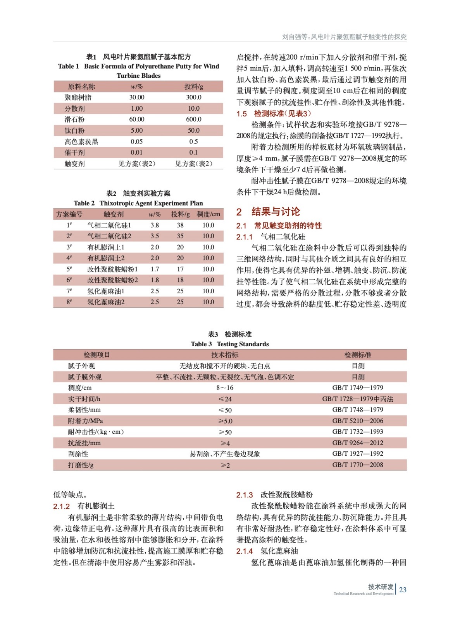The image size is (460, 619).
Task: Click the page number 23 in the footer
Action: pos(403,590)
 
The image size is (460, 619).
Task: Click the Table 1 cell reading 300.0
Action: pos(193,97)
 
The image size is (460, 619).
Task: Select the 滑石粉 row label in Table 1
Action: pos(74,120)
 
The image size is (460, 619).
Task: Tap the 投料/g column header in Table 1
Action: pos(193,87)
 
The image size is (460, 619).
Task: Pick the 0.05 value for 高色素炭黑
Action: pos(136,142)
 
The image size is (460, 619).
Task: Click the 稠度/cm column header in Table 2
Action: pos(208,214)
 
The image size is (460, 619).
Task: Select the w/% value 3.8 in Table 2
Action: pos(155,225)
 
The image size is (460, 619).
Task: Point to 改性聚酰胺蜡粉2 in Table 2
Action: pos(112,280)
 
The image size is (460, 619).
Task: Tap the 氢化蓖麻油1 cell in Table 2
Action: pos(106,291)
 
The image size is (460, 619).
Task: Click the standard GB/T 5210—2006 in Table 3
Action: pos(357,421)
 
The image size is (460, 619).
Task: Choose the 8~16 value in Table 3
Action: pos(225,388)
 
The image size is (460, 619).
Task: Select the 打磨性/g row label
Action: pos(81,465)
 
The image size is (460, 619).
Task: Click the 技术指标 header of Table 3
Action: pos(225,355)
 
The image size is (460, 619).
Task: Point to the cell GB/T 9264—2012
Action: pos(357,443)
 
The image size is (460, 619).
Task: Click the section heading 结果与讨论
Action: pos(276,212)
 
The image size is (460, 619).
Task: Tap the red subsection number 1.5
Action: pos(241,114)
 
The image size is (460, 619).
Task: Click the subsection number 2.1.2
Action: pos(61,506)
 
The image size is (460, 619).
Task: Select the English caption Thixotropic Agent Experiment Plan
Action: pos(151,203)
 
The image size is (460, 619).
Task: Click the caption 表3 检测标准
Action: pos(229,334)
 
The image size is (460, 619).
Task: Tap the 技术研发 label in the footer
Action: pos(381,587)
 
